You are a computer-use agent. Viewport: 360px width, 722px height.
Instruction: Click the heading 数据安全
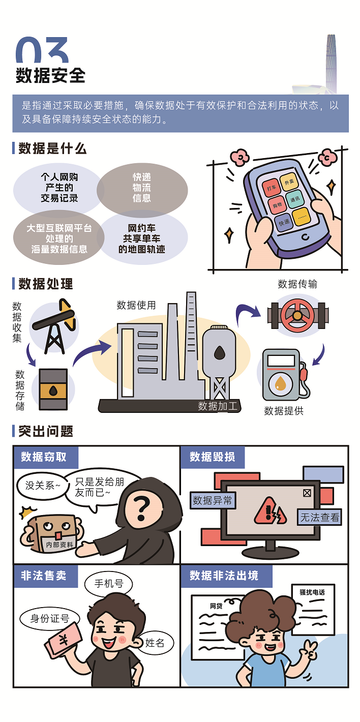(50, 75)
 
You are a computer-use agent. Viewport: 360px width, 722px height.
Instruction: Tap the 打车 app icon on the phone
(271, 188)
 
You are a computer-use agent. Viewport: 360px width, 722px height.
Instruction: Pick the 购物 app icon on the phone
(277, 205)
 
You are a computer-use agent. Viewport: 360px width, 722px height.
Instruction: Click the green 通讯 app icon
(295, 199)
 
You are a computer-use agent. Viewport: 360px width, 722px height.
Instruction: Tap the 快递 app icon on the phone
(284, 222)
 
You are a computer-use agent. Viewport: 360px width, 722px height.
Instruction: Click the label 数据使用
(136, 305)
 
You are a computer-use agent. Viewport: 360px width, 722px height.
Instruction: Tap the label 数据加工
(218, 406)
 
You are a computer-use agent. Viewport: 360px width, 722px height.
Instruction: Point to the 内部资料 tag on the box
(59, 544)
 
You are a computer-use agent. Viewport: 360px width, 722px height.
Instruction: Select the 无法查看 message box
(319, 518)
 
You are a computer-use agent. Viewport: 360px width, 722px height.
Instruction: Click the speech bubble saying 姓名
(155, 642)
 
